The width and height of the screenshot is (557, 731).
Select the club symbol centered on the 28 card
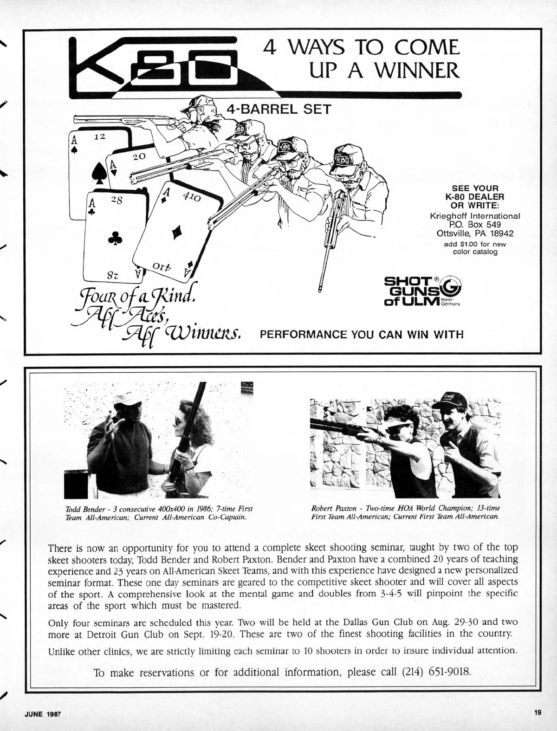coord(115,237)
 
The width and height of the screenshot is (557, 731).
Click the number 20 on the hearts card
coord(139,156)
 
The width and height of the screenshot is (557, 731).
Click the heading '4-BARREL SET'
coord(278,110)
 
